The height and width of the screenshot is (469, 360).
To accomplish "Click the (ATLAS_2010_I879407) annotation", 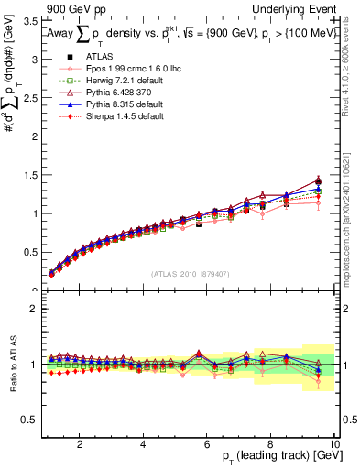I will pos(190,274).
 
